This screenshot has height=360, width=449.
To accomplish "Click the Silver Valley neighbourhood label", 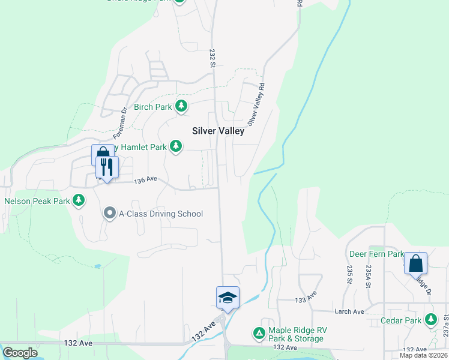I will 218,131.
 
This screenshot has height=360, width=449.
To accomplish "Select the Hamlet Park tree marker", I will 176,146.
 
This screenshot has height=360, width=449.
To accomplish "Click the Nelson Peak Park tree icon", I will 79,200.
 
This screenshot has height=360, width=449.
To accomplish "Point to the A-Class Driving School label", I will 161,214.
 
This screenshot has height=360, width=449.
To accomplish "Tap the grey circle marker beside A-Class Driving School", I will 109,213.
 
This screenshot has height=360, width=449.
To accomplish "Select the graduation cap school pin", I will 228,297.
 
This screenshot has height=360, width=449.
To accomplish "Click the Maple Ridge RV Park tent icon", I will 259,332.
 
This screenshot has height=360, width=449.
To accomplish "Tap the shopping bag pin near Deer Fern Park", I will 415,263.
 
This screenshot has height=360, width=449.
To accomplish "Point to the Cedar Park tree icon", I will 430,320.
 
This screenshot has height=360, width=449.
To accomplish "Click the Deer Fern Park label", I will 377,254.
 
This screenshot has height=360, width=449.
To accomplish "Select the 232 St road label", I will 212,55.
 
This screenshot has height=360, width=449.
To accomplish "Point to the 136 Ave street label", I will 145,180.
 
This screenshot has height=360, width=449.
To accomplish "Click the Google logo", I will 20,353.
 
